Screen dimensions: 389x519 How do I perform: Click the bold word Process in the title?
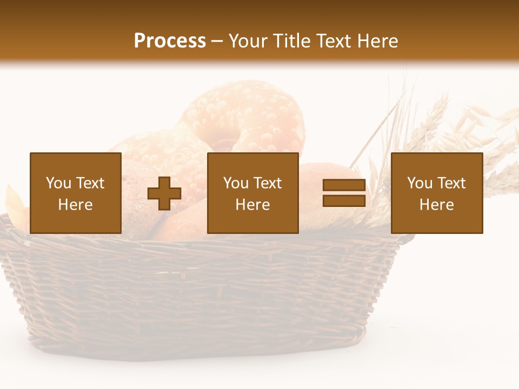point(170,41)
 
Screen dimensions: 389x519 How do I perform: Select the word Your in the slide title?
point(249,41)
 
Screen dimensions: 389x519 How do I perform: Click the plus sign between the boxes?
point(164,193)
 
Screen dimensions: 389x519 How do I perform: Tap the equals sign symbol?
point(344,193)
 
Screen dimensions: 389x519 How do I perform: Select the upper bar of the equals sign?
point(344,185)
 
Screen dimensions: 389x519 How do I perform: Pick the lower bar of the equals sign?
point(344,201)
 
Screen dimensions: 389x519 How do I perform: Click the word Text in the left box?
point(90,183)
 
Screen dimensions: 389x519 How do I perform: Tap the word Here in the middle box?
point(252,205)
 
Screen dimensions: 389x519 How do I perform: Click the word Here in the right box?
point(436,205)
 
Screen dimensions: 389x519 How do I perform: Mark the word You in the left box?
point(58,183)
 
